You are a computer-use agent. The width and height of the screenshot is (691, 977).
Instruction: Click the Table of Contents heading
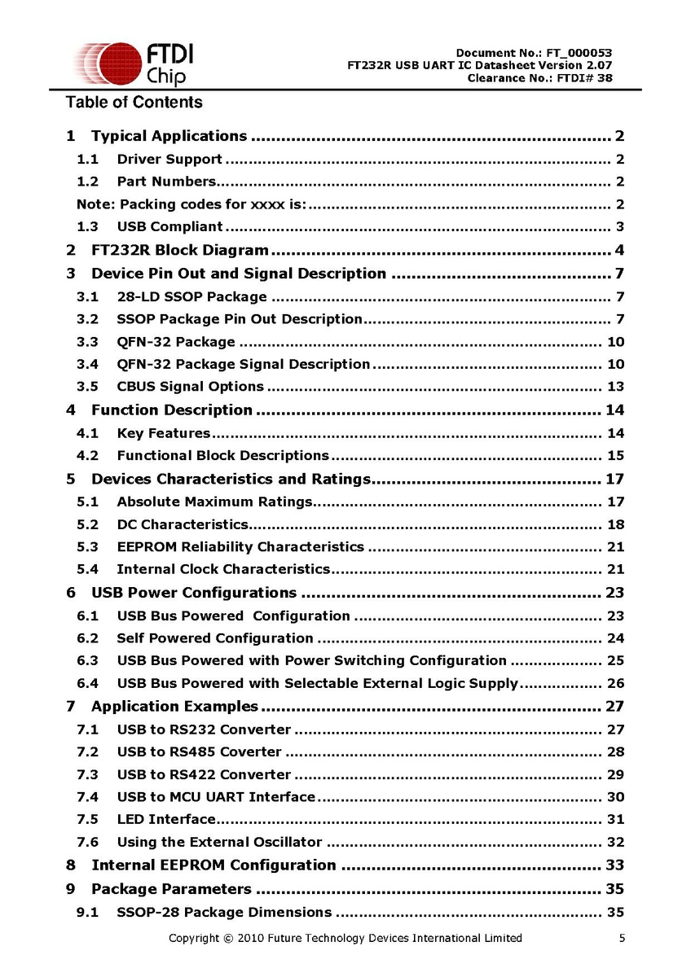134,103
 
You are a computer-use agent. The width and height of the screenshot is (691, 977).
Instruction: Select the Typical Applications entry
169,136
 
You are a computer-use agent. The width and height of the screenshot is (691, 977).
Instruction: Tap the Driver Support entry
169,159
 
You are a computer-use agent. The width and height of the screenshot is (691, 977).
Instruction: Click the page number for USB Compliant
620,227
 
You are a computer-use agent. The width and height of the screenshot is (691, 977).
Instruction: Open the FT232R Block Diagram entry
179,250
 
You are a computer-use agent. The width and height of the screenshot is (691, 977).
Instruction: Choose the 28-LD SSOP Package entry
191,296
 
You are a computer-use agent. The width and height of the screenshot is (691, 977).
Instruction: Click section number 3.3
88,342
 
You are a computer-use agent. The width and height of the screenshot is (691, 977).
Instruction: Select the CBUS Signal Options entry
190,387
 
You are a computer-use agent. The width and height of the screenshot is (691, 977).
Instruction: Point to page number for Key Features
615,433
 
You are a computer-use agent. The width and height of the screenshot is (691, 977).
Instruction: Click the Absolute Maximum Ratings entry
214,502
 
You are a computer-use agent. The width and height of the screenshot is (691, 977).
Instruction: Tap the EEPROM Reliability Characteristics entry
240,547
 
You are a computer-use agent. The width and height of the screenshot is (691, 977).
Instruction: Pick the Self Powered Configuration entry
214,638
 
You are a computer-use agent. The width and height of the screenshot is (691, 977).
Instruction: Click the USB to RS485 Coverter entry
199,751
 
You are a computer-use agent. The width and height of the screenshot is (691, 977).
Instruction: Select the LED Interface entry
166,819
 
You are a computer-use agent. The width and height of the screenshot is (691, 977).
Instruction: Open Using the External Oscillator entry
219,842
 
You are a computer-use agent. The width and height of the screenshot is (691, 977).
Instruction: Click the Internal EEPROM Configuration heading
213,865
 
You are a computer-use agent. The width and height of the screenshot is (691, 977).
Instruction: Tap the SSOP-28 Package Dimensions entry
224,912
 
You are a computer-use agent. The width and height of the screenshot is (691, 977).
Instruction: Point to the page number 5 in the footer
623,939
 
